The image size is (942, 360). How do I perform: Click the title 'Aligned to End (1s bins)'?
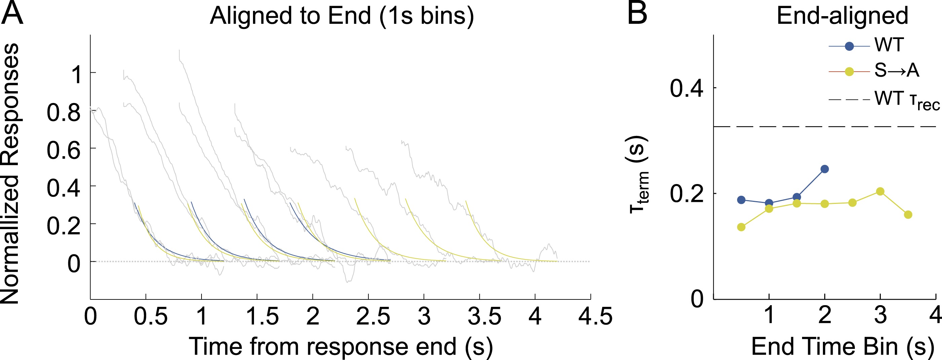click(341, 16)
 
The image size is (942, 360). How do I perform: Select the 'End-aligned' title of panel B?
click(842, 16)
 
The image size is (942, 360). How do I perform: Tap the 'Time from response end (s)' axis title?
click(341, 346)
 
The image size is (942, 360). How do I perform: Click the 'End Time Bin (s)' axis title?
click(842, 346)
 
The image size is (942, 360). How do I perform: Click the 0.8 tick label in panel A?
click(63, 112)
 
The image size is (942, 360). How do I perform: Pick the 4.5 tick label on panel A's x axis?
click(595, 316)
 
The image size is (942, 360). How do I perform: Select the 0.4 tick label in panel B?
click(686, 88)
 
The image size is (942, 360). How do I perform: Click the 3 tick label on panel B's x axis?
click(880, 315)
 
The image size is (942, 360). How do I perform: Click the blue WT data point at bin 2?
click(825, 169)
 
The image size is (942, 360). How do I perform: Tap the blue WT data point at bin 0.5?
click(741, 200)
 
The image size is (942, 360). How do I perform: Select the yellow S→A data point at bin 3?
click(880, 191)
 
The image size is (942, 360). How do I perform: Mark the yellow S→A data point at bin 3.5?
click(908, 215)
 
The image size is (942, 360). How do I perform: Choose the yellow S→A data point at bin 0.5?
click(741, 227)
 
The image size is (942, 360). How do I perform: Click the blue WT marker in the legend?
click(849, 46)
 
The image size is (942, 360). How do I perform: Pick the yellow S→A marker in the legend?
click(849, 72)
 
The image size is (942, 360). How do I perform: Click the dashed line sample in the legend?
click(849, 99)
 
